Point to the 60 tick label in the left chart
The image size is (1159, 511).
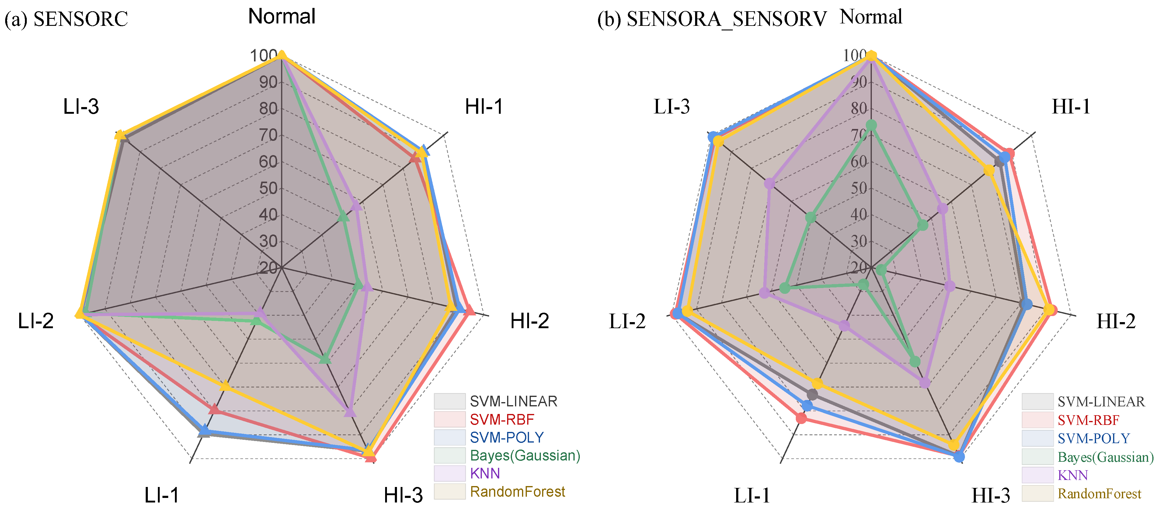click(x=268, y=162)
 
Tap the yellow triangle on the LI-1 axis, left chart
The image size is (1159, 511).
click(x=225, y=386)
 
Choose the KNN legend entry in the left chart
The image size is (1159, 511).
click(x=485, y=473)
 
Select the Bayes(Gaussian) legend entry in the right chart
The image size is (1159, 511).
click(x=1105, y=457)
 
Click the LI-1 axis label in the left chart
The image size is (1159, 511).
click(x=162, y=495)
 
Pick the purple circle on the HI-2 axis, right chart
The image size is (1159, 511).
click(x=950, y=286)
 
